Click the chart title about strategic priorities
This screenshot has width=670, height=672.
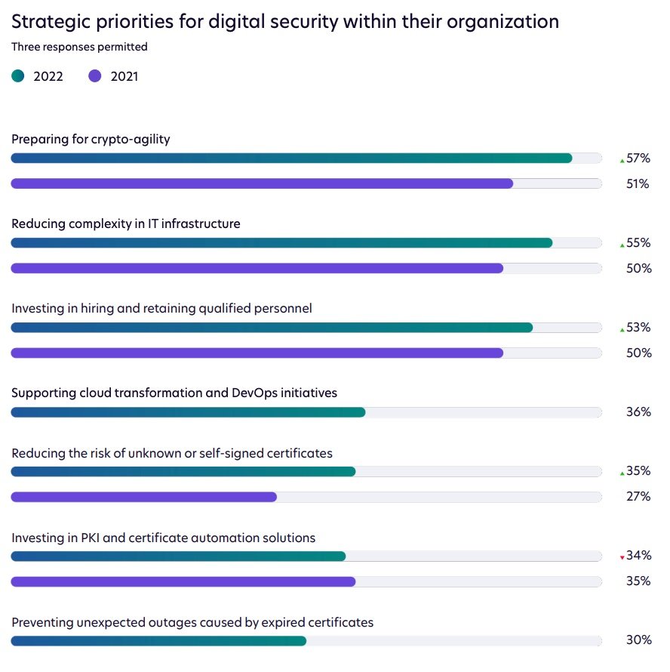click(285, 22)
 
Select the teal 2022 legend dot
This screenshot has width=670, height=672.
click(18, 76)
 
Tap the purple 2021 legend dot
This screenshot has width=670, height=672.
click(94, 76)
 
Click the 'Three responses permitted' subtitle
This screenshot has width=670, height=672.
click(79, 47)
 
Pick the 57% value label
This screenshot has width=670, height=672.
click(638, 159)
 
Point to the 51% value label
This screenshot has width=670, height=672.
click(638, 183)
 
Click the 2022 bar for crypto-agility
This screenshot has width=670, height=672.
click(291, 158)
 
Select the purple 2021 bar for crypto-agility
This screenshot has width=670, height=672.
click(262, 183)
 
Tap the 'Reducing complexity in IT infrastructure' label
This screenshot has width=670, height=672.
click(126, 224)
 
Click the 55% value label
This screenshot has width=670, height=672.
click(638, 243)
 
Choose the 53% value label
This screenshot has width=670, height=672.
click(638, 328)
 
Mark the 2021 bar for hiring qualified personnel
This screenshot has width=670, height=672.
click(257, 353)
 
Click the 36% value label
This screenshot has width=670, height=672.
click(638, 412)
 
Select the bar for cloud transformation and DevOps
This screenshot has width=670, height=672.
click(188, 412)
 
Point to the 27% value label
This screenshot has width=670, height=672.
click(638, 497)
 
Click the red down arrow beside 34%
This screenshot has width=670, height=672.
click(622, 558)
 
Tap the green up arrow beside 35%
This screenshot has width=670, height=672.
click(622, 473)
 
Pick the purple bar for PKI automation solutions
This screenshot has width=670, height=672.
click(183, 581)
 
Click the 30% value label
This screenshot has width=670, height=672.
click(638, 640)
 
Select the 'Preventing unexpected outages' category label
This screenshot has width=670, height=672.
click(192, 623)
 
